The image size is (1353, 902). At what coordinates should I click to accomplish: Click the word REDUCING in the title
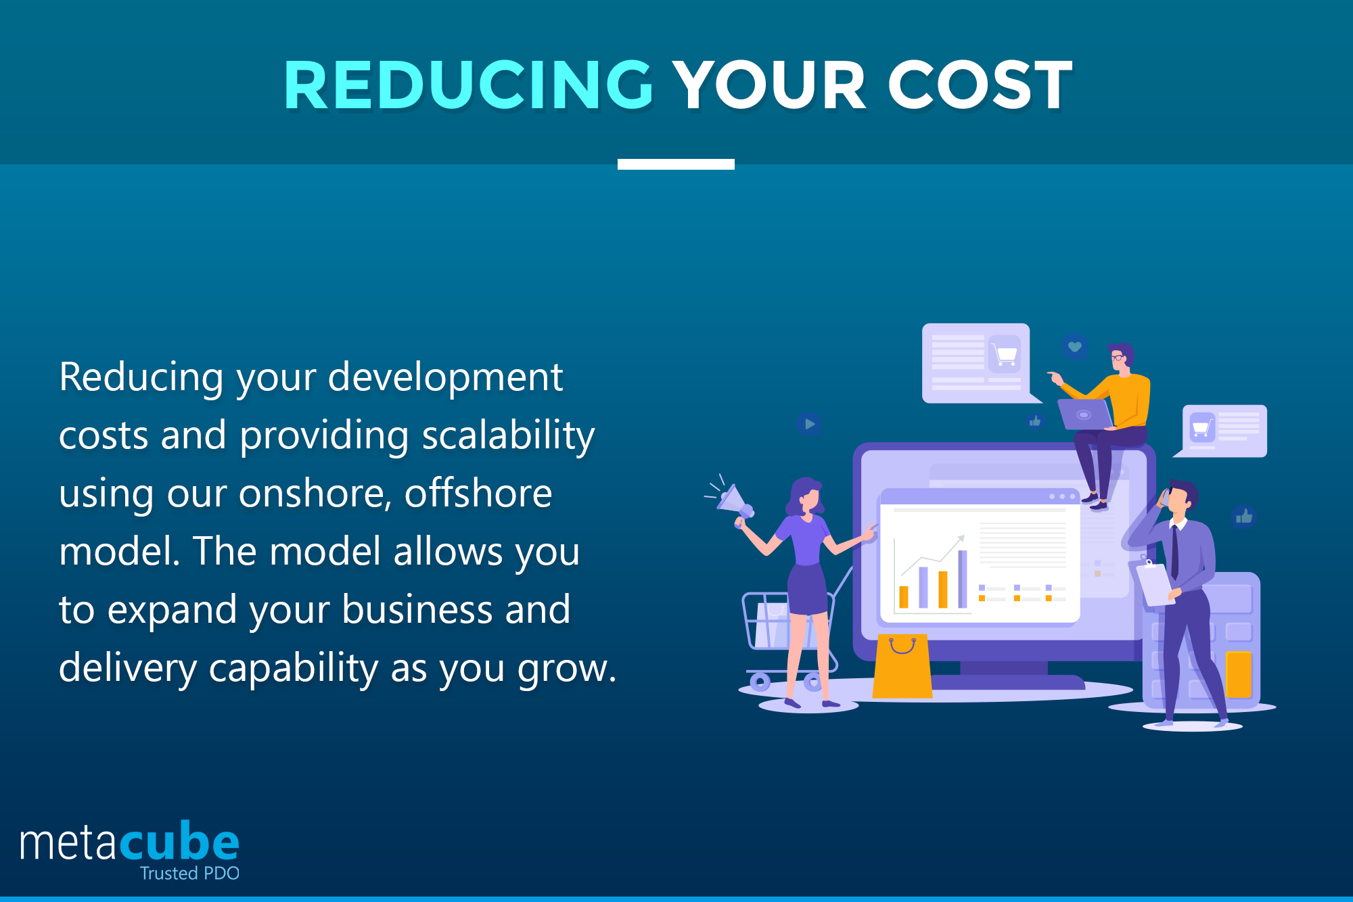[x=468, y=85]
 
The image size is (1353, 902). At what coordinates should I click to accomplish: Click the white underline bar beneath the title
[x=676, y=164]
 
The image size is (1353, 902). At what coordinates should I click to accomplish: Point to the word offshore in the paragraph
[x=478, y=493]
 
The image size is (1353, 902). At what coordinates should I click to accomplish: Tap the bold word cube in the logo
[x=180, y=842]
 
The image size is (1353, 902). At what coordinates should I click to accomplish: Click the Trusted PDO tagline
[x=189, y=873]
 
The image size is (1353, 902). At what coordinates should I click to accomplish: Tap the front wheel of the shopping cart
[x=760, y=682]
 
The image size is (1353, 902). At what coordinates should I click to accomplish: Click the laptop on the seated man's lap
[x=1084, y=414]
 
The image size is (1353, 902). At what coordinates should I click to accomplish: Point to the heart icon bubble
[x=1074, y=348]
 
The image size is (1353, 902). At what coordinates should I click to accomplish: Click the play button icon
[x=808, y=424]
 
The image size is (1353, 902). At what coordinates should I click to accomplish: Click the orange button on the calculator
[x=1238, y=673]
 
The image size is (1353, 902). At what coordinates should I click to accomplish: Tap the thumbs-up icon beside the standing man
[x=1243, y=517]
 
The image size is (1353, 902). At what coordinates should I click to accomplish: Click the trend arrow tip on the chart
[x=961, y=538]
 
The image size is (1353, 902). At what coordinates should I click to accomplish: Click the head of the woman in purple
[x=806, y=495]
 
